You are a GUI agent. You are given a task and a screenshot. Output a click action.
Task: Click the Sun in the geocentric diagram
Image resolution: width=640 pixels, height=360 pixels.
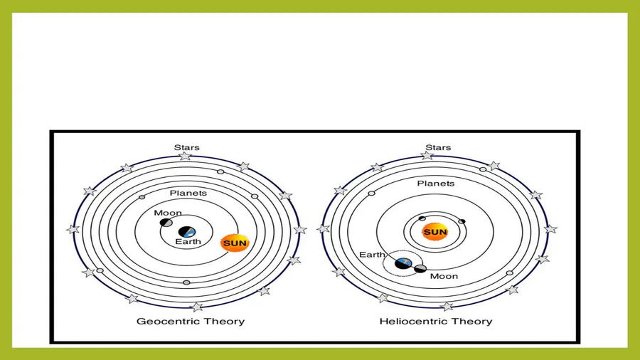tap(235, 243)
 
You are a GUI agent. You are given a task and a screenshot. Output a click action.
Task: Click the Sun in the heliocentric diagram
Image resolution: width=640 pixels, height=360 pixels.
tap(434, 232)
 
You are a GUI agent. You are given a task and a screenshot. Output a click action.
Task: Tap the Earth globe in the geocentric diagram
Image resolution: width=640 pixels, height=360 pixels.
tap(187, 232)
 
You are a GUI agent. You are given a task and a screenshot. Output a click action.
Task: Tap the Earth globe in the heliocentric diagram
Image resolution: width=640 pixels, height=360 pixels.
tap(404, 263)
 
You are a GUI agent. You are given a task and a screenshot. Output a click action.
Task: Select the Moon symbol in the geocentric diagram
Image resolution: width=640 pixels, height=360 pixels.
tap(166, 223)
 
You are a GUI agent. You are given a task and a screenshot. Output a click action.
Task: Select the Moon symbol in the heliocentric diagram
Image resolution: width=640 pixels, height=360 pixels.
tap(420, 268)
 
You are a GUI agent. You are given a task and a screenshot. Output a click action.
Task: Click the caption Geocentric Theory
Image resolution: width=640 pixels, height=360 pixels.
tap(190, 321)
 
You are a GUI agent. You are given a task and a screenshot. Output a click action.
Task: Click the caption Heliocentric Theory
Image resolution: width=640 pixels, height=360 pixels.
tap(435, 321)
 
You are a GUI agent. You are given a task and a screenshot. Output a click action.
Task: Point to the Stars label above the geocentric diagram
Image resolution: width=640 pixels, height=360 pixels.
tap(186, 148)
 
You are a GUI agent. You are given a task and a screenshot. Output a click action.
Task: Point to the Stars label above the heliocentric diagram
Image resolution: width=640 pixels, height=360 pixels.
tap(438, 148)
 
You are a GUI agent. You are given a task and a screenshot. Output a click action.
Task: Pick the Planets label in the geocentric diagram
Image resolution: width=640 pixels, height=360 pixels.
tap(188, 193)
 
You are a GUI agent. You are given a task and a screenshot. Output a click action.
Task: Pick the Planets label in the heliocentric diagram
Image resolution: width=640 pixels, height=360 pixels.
tap(435, 184)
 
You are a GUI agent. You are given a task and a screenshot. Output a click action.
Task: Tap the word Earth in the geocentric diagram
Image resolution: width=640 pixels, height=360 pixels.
tap(188, 242)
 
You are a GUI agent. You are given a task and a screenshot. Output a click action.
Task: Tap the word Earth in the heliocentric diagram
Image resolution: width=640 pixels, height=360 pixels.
tap(372, 255)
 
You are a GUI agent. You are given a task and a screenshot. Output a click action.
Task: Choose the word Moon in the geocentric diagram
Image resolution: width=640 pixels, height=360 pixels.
tap(168, 213)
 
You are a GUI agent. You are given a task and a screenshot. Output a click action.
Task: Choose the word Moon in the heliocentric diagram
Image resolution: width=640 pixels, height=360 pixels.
tap(444, 276)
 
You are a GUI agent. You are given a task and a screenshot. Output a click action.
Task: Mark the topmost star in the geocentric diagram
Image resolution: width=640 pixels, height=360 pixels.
tap(185, 156)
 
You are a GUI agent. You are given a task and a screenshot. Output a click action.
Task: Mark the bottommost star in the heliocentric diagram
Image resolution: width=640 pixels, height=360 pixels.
tap(447, 307)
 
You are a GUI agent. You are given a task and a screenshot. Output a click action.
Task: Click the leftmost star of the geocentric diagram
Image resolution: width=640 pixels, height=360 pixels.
tap(73, 229)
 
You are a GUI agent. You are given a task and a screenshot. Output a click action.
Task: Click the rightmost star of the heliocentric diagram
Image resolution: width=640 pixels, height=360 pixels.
tap(550, 229)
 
